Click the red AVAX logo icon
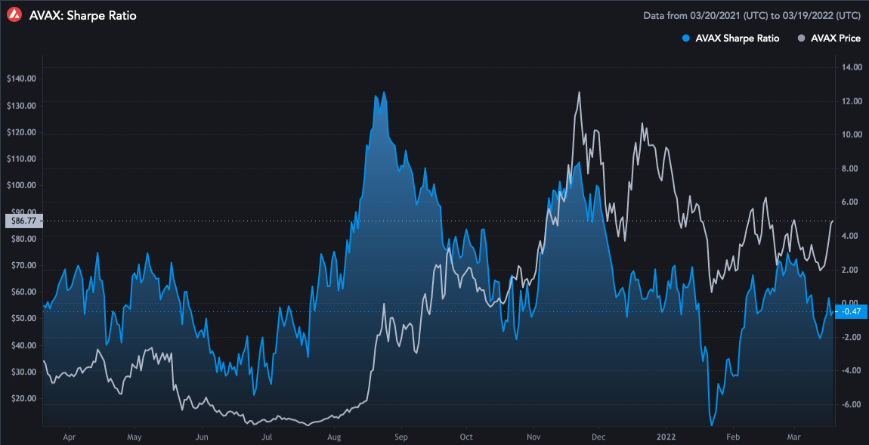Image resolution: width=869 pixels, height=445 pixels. tap(14, 15)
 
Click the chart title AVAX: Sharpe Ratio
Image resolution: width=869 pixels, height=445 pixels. tap(82, 15)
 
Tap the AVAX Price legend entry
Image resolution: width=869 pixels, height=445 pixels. tap(829, 38)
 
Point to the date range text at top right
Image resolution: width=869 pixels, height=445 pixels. tap(751, 15)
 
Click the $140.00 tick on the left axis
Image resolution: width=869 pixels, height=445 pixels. tap(21, 79)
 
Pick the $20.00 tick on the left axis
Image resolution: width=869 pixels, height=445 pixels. tap(21, 398)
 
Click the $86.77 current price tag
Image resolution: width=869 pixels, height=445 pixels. tap(21, 221)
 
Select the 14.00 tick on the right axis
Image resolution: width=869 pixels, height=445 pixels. tap(852, 67)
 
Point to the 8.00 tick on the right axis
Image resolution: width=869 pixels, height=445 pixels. tap(852, 168)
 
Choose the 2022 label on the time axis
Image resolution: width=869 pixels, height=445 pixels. tap(666, 437)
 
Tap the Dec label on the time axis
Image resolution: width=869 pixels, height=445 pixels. tap(598, 437)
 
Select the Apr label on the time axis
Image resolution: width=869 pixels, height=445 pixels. tap(70, 437)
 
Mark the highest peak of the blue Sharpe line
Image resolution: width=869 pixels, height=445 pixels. tap(384, 93)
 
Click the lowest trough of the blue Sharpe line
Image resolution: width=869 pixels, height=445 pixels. tap(712, 425)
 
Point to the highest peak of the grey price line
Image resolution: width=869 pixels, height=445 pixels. tap(579, 93)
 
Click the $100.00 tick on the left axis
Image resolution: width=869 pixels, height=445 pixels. tap(21, 185)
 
